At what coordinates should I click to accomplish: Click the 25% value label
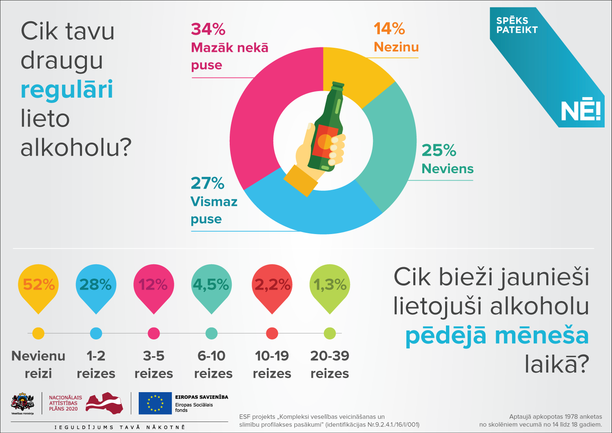(439, 150)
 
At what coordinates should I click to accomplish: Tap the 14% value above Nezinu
(389, 29)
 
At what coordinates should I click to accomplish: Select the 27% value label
(207, 183)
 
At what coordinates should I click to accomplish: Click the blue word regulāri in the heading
(67, 89)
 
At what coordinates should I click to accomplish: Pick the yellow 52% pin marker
(38, 286)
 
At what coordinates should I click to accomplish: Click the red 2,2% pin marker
(272, 286)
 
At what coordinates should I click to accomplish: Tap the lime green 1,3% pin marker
(330, 286)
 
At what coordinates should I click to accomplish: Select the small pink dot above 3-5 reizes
(154, 333)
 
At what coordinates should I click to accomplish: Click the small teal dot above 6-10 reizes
(211, 333)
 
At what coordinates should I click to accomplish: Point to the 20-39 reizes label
(330, 364)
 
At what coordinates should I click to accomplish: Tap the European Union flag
(155, 403)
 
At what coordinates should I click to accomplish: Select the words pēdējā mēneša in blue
(497, 336)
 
